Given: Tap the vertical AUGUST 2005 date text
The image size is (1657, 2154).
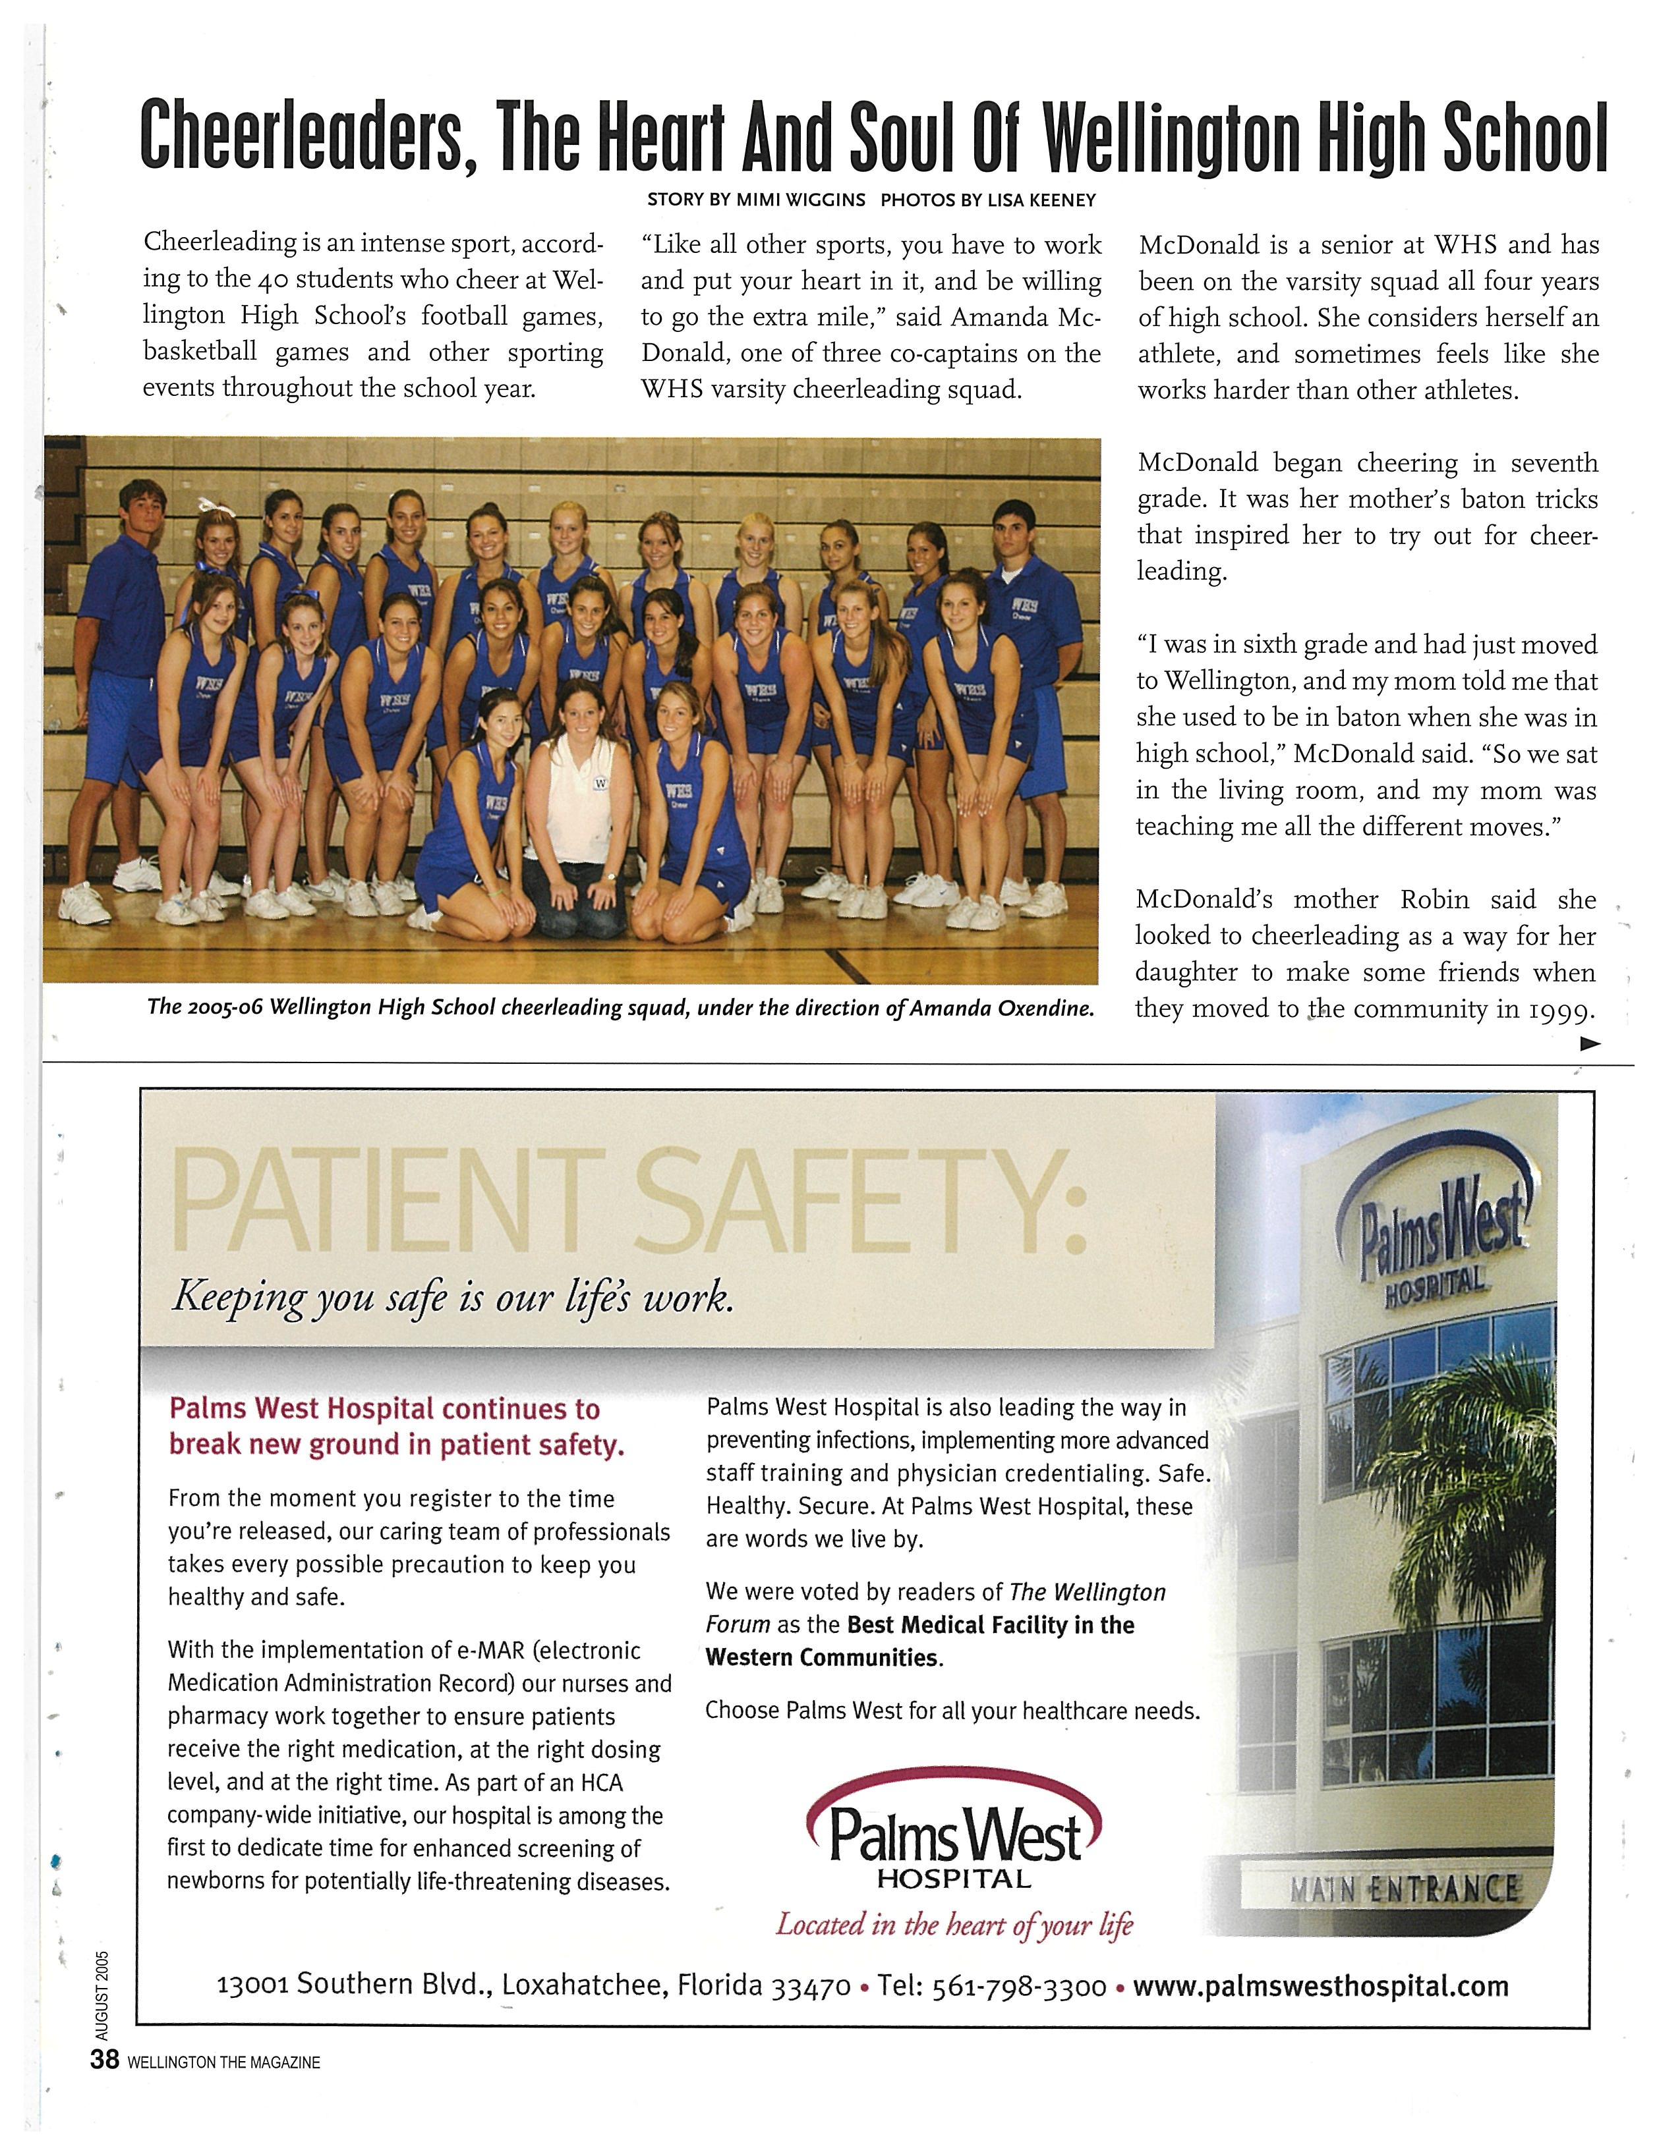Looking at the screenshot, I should click(x=103, y=1995).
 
